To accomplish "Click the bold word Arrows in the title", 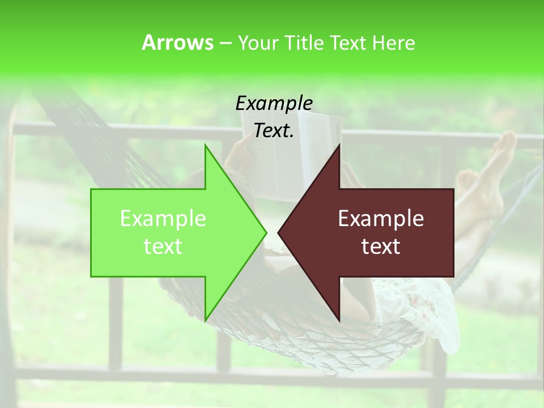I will [x=177, y=42].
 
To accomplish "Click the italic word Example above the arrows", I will [x=274, y=104].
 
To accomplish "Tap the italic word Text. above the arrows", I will [x=274, y=131].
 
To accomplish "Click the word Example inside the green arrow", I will [x=163, y=219].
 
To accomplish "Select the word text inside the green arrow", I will [x=163, y=246].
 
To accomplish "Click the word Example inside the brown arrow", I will [x=381, y=219].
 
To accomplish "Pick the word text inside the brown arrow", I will [x=381, y=246].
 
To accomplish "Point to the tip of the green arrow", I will [x=265, y=232].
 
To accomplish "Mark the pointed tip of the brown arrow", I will [x=279, y=232].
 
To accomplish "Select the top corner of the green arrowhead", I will [x=205, y=146].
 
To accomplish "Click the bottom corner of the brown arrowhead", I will [x=339, y=321].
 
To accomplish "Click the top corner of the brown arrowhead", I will [x=339, y=146].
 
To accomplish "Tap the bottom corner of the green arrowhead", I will [x=205, y=321].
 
